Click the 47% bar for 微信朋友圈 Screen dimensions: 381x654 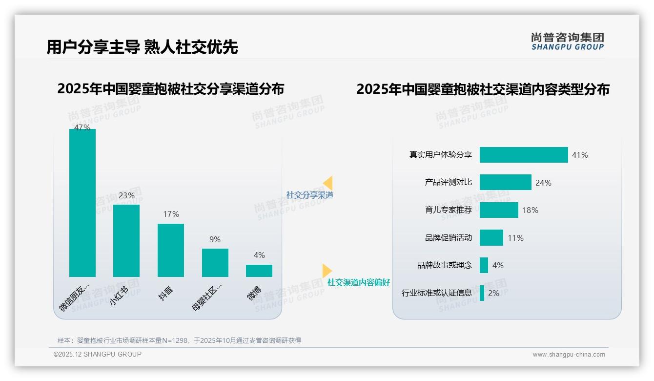point(82,203)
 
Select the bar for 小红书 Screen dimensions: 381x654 point(126,241)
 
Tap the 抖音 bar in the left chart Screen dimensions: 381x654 point(171,250)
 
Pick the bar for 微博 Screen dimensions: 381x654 point(259,271)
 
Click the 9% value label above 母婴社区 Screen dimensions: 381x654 point(215,239)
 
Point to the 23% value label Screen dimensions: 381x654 point(126,195)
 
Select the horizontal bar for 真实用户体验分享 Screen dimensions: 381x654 point(524,155)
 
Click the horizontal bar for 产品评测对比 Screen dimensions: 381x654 point(505,182)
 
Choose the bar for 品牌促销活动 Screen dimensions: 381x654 point(491,238)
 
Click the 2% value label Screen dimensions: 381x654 point(493,293)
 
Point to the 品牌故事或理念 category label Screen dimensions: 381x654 point(445,265)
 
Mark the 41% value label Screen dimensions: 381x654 point(580,155)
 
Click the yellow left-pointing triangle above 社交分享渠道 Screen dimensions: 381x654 point(328,183)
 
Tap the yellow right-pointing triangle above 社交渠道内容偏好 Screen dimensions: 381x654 point(327,271)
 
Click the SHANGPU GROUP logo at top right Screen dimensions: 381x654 point(567,42)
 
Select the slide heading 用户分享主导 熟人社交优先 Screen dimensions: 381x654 point(142,47)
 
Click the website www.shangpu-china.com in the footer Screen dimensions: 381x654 point(569,355)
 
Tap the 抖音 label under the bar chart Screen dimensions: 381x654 point(166,293)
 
